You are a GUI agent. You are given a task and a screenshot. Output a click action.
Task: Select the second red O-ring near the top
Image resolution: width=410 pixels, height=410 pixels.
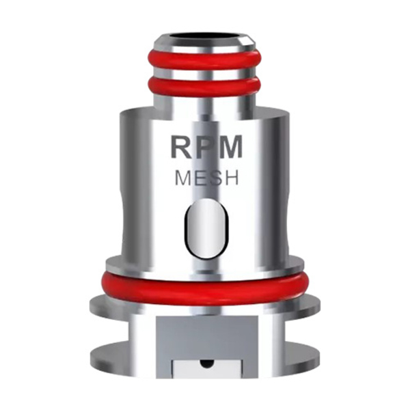tap(206, 85)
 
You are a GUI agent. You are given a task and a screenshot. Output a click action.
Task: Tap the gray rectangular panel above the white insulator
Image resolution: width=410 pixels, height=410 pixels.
tap(205, 331)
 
